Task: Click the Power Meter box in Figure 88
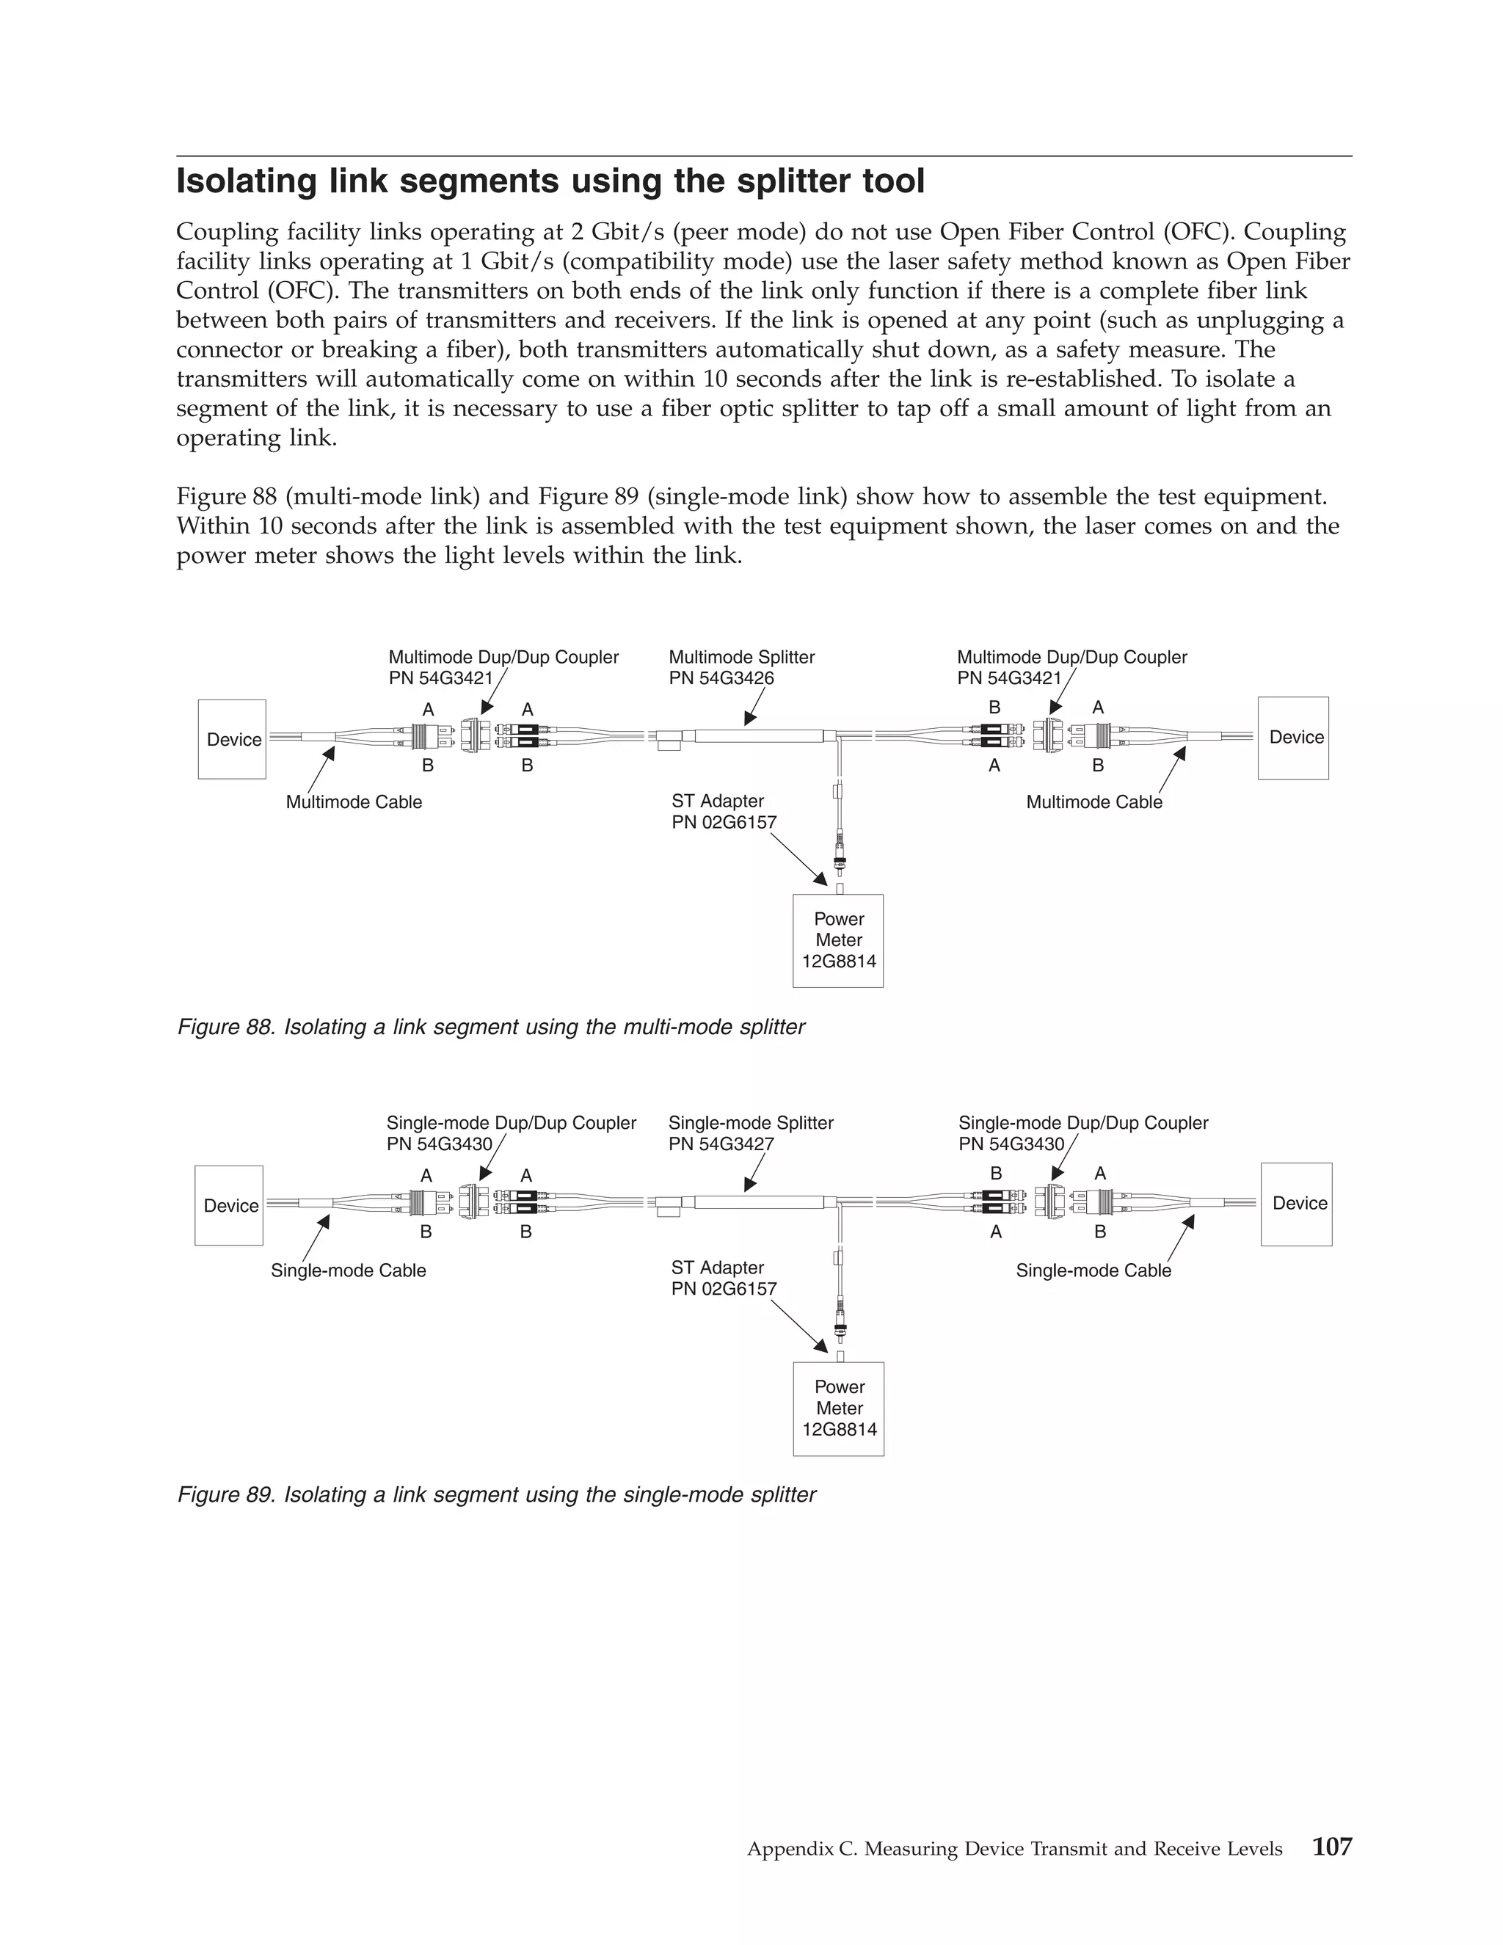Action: pyautogui.click(x=838, y=940)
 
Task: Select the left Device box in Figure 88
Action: pyautogui.click(x=233, y=739)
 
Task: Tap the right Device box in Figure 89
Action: pyautogui.click(x=1297, y=1204)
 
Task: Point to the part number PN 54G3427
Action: pyautogui.click(x=721, y=1144)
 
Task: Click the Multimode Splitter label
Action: pyautogui.click(x=742, y=657)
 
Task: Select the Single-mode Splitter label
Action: pyautogui.click(x=751, y=1123)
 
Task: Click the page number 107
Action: pyautogui.click(x=1332, y=1846)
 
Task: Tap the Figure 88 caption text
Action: pyautogui.click(x=491, y=1027)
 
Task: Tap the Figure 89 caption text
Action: pyautogui.click(x=496, y=1494)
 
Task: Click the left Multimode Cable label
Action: pyautogui.click(x=354, y=802)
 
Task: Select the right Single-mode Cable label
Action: pyautogui.click(x=1093, y=1270)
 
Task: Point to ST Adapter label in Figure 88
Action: pyautogui.click(x=718, y=801)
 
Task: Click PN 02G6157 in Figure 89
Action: pyautogui.click(x=724, y=1289)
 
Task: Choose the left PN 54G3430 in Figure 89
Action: pyautogui.click(x=439, y=1144)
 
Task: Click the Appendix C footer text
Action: pyautogui.click(x=1014, y=1849)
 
